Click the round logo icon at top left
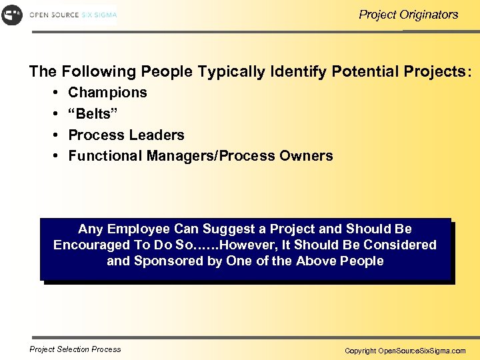tap(12, 14)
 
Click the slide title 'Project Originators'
tap(408, 14)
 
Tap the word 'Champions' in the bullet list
tap(107, 93)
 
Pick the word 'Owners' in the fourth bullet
tap(307, 156)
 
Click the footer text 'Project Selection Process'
tap(75, 349)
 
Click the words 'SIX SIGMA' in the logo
tap(99, 15)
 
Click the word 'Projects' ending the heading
tap(440, 71)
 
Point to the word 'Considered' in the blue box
tap(399, 245)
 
